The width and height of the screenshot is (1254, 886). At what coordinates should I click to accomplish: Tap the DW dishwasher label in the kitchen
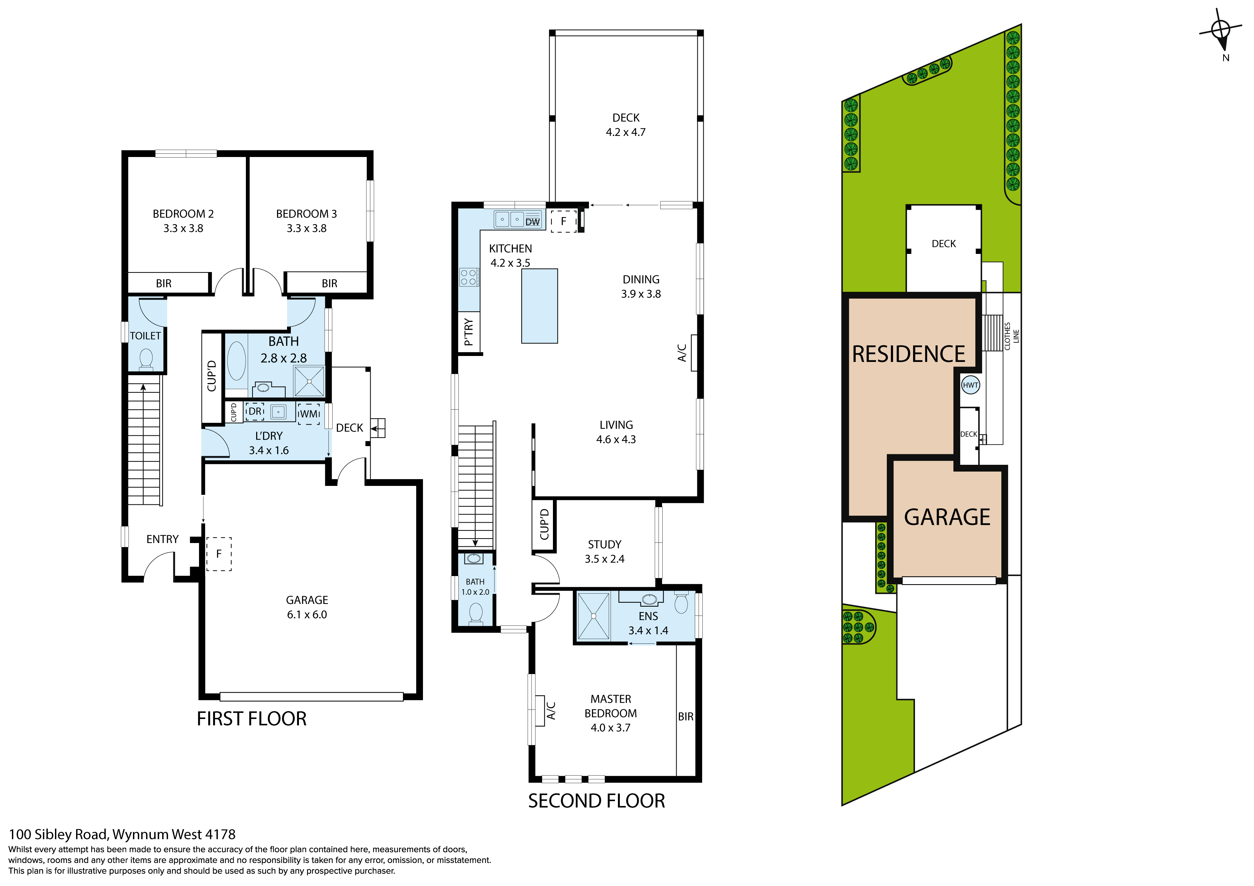[x=533, y=222]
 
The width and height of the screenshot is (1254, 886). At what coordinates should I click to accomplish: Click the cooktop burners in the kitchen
[x=468, y=277]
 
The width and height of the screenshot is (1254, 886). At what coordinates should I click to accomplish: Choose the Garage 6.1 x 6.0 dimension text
[x=307, y=615]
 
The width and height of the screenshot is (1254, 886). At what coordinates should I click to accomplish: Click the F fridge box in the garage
[x=219, y=554]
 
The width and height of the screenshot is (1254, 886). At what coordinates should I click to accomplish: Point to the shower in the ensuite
[x=593, y=616]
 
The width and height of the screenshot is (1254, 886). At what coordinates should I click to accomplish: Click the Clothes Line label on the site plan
[x=1011, y=336]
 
